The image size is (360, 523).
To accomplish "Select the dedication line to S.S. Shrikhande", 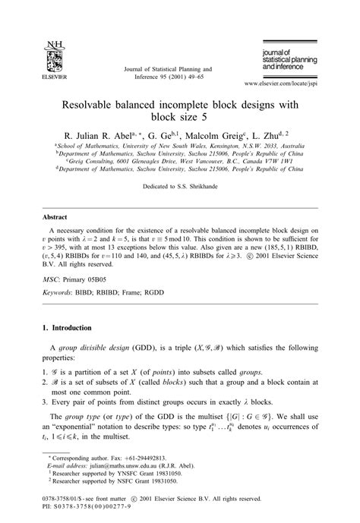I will [179, 186].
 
